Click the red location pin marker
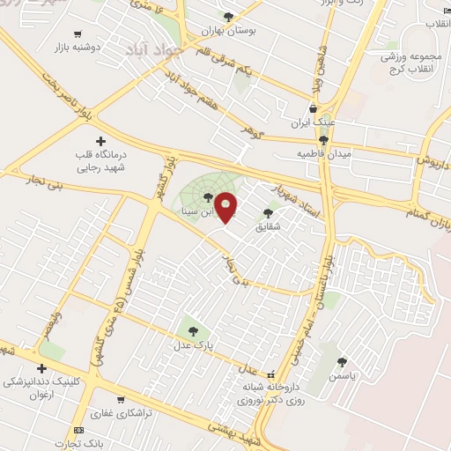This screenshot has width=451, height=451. tap(226, 206)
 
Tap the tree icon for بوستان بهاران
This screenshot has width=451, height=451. tap(229, 16)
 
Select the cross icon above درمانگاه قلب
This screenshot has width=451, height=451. tap(100, 141)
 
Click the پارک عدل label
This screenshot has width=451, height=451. tap(193, 346)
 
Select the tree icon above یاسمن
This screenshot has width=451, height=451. tap(342, 361)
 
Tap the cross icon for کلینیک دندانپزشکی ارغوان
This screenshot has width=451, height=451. tap(41, 368)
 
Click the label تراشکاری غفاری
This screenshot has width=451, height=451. tap(121, 412)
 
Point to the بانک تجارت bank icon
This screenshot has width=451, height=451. tap(79, 430)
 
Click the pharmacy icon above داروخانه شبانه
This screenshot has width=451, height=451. tap(271, 373)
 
